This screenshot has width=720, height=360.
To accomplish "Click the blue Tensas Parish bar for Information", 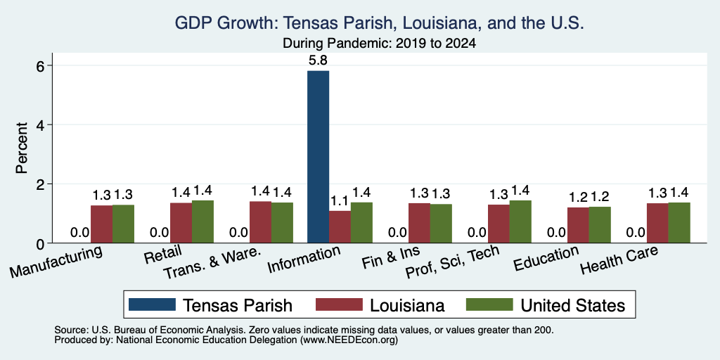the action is (318, 157).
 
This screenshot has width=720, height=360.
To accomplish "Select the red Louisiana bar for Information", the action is (340, 227).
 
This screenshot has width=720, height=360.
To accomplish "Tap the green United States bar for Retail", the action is (202, 221).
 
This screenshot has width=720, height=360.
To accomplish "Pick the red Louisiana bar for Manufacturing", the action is (101, 224).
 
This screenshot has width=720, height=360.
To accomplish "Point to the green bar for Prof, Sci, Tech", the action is (520, 221).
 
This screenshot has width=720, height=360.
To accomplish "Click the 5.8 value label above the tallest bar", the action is (318, 60).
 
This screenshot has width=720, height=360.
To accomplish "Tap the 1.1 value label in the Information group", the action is (340, 200).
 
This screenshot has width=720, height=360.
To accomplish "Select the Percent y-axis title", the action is (22, 148).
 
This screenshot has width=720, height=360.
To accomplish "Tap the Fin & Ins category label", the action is (391, 257).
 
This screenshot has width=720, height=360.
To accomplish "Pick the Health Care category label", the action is (619, 259).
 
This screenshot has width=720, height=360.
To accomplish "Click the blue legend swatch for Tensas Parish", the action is (152, 304).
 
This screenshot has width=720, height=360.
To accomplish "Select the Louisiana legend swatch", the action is (339, 304).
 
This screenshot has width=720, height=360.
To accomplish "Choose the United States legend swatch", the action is (489, 304).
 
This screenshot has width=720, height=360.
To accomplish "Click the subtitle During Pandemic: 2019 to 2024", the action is (379, 43).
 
